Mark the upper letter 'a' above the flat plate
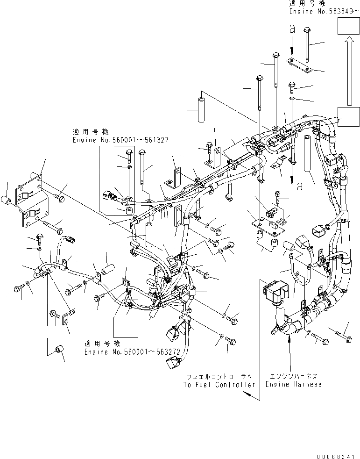click(x=292, y=29)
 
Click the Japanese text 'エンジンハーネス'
click(x=293, y=375)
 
